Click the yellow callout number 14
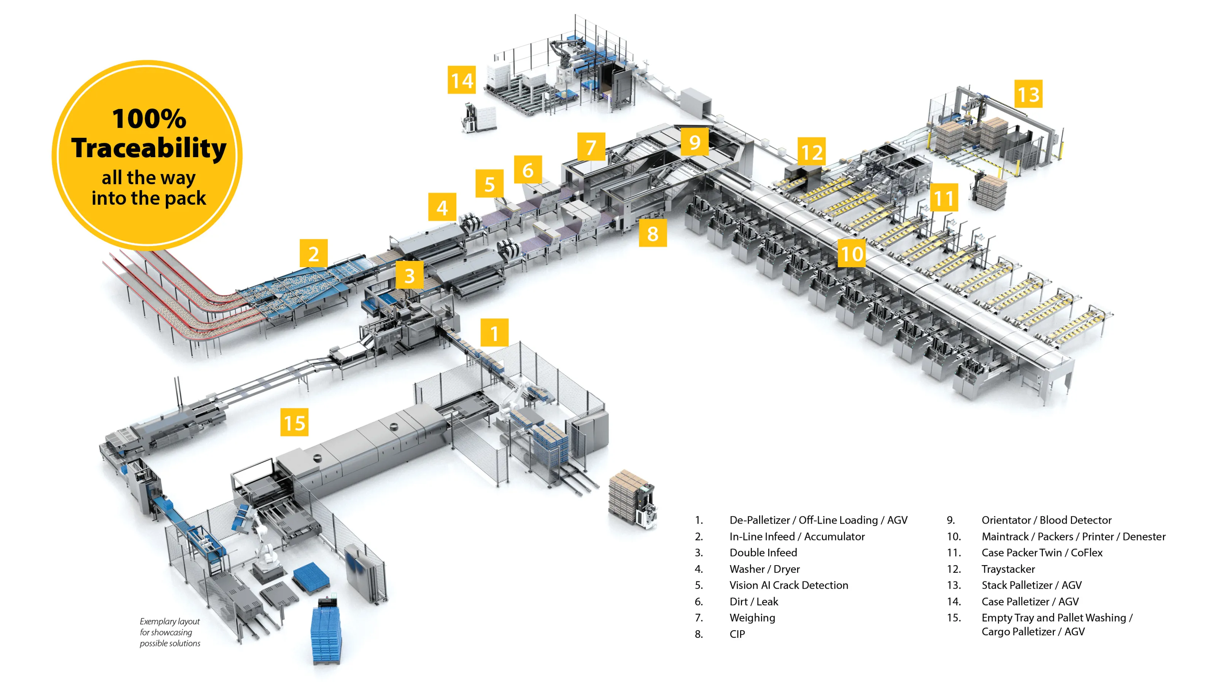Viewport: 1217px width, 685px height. [462, 80]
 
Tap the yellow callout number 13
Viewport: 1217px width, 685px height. [1028, 94]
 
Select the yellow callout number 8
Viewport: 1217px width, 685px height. [653, 233]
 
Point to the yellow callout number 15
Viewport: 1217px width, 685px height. [294, 422]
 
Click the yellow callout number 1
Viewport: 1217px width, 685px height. [494, 333]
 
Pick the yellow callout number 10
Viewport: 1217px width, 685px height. [852, 254]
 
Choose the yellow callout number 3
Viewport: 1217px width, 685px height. [409, 275]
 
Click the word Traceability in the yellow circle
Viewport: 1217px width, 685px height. [149, 148]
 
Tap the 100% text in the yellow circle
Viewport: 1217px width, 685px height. [149, 118]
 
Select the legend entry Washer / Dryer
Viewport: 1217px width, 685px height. [764, 569]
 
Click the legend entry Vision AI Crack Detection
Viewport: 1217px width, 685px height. [788, 585]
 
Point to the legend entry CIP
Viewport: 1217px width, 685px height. [737, 634]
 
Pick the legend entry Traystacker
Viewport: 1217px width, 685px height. [1008, 569]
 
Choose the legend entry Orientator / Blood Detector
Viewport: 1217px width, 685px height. [1046, 520]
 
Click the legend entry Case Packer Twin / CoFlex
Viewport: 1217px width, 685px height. [1042, 553]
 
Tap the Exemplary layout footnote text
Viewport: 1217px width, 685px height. [170, 632]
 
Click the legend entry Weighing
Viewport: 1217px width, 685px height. [752, 617]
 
